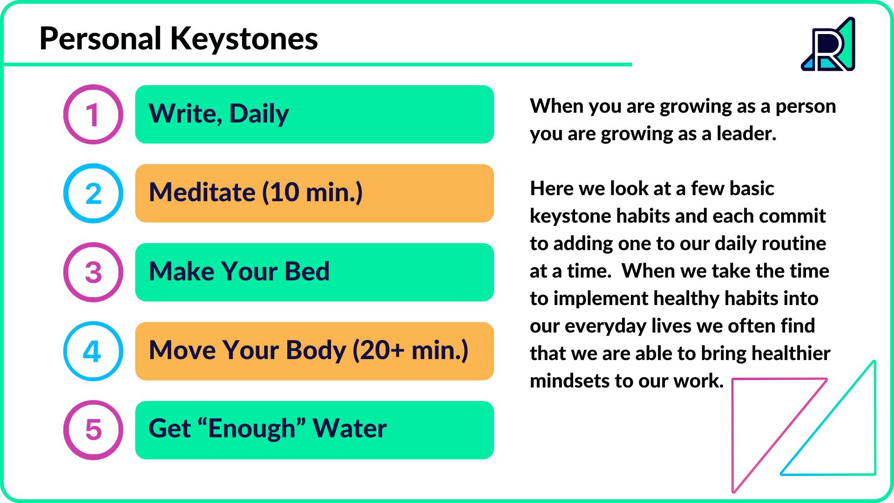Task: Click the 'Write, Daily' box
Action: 314,115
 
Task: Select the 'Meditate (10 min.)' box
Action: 314,193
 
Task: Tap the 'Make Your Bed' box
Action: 314,272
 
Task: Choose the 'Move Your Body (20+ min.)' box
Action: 314,351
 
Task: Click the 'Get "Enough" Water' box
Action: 314,430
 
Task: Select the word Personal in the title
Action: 101,39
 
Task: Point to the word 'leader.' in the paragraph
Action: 746,134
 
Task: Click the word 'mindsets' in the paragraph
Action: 569,381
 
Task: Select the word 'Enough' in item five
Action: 251,429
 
